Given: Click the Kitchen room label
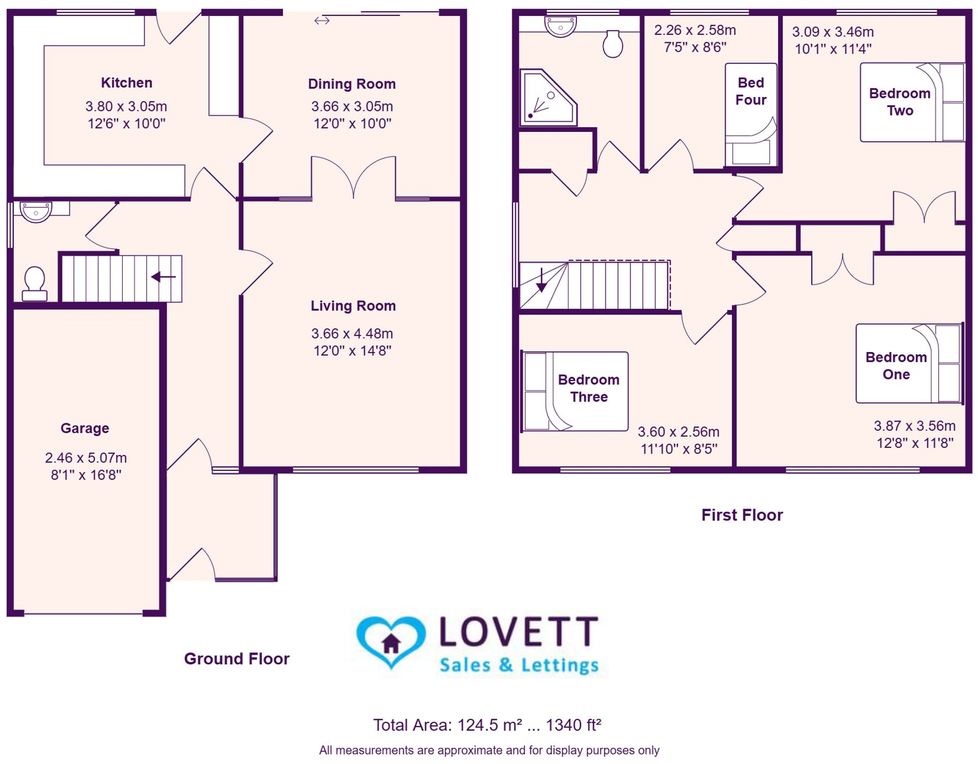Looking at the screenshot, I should (x=126, y=83).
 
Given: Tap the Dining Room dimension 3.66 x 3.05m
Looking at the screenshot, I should (x=352, y=107).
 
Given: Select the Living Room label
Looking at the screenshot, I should (x=353, y=306).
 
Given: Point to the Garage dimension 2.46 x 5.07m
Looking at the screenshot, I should (x=86, y=458).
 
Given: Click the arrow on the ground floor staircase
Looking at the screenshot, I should (x=163, y=277).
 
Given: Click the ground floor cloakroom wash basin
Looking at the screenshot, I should (x=36, y=212).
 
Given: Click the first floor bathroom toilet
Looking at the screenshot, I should (x=613, y=44).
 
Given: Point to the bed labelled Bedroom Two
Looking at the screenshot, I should (x=911, y=102).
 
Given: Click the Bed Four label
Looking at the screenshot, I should (x=750, y=91).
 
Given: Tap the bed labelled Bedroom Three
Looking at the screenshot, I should (x=575, y=391).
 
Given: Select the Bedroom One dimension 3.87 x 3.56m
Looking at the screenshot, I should (x=914, y=426).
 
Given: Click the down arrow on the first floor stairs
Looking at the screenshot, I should (x=541, y=281).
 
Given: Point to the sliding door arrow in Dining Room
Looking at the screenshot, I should (x=322, y=21).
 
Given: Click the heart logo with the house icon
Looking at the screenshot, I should (x=391, y=641).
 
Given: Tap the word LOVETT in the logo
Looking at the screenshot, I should (x=518, y=632).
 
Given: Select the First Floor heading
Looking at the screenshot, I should (x=742, y=515).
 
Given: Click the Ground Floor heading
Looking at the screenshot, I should (x=237, y=658).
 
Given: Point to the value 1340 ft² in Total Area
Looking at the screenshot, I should (x=573, y=725).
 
